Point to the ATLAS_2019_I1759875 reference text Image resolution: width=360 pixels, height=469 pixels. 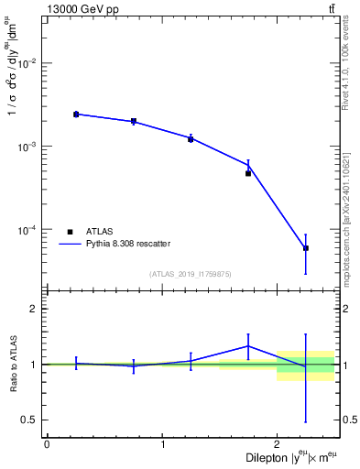(x=191, y=274)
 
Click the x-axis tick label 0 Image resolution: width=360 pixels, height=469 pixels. (x=47, y=444)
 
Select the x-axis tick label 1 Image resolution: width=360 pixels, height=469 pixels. (x=162, y=444)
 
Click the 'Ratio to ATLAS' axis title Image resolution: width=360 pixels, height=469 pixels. (x=12, y=365)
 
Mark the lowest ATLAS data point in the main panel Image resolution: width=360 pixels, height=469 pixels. (x=306, y=248)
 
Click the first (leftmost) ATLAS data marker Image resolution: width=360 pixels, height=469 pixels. (x=76, y=115)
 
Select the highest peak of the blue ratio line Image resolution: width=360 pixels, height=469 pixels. (x=248, y=345)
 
